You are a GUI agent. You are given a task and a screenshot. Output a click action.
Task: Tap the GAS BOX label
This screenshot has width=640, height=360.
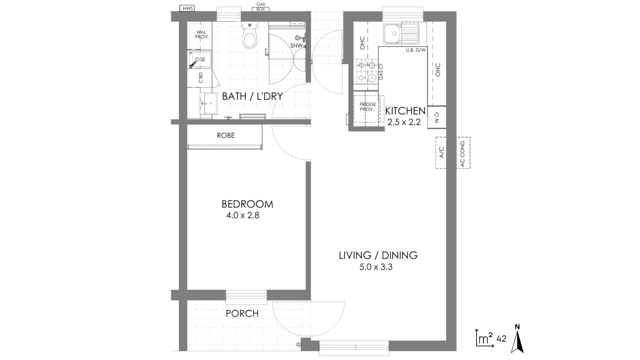point(260,7)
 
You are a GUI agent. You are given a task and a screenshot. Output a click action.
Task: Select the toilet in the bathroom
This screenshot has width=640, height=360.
point(250,36)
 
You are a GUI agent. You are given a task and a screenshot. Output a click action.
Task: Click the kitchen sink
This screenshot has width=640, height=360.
point(401,34)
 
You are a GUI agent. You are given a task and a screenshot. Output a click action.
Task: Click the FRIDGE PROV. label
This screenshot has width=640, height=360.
point(368,107)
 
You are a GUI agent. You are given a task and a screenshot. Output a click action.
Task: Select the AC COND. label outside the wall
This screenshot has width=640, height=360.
point(463,153)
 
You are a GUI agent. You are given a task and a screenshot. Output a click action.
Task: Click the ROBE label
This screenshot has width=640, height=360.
point(226,135)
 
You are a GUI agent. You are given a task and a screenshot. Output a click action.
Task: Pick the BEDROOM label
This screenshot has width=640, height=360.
point(247,204)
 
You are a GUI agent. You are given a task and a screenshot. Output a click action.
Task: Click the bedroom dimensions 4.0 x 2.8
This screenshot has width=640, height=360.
point(243,215)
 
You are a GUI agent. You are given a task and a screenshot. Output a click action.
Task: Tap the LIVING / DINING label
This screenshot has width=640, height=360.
point(378,255)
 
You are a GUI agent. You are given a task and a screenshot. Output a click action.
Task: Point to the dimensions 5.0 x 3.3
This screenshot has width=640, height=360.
point(376,267)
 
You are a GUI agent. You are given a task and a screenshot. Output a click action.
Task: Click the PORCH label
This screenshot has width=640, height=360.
point(242,313)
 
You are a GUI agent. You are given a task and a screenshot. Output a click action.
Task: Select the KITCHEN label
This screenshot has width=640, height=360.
point(405,111)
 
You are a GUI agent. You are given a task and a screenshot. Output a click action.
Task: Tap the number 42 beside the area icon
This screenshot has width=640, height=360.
point(501,339)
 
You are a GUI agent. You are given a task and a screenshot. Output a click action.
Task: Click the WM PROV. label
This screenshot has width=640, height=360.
point(202,35)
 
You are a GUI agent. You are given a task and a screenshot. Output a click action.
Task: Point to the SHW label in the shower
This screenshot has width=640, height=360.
point(296,45)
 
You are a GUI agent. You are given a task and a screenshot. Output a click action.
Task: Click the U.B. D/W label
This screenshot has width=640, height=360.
point(416,50)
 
